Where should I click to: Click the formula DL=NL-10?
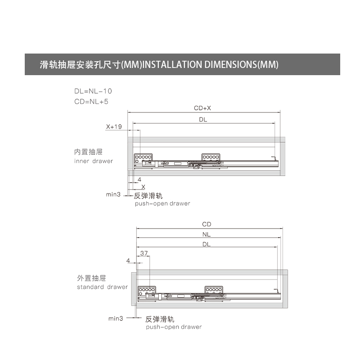93,91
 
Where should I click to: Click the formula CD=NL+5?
91,102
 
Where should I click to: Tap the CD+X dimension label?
202,108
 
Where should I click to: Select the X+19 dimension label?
114,126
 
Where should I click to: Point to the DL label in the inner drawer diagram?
203,119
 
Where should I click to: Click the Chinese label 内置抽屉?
88,152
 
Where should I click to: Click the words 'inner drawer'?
94,161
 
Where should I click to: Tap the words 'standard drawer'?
103,287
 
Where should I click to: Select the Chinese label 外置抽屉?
91,278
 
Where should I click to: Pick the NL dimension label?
207,234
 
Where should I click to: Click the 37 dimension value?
144,253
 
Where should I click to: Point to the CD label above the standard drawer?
207,224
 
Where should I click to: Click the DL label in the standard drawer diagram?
207,244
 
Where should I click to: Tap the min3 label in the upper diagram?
113,194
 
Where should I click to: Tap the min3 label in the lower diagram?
116,319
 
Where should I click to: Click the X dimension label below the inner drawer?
143,187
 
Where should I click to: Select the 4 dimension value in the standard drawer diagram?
128,261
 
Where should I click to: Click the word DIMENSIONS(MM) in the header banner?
241,64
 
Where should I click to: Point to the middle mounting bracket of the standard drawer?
214,290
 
